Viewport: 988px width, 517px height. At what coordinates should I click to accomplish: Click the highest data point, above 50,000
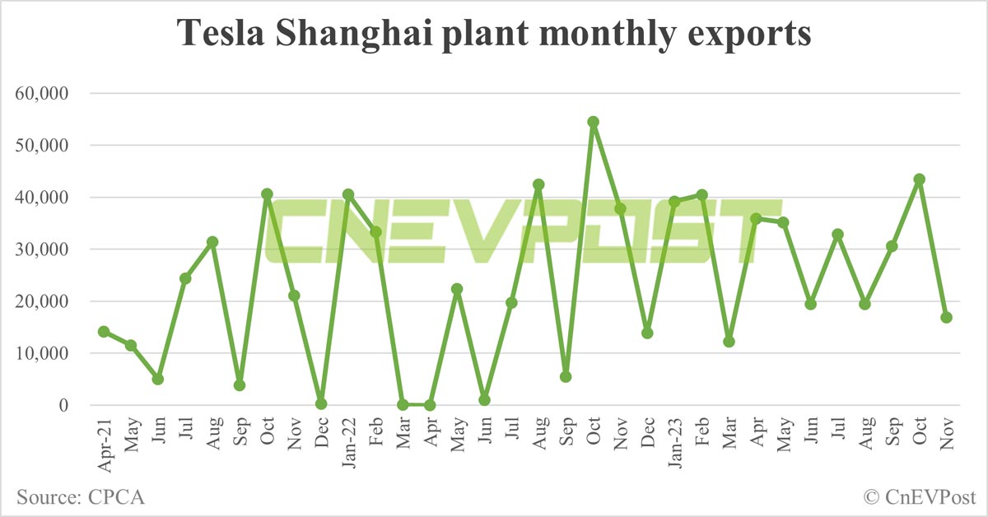[x=593, y=122]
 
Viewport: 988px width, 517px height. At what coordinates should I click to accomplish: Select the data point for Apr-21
[x=104, y=332]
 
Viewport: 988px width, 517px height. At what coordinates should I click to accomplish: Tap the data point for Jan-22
[x=347, y=195]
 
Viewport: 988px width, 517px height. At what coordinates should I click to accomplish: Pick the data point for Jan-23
[x=674, y=202]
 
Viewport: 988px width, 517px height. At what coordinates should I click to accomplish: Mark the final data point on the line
[x=946, y=318]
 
